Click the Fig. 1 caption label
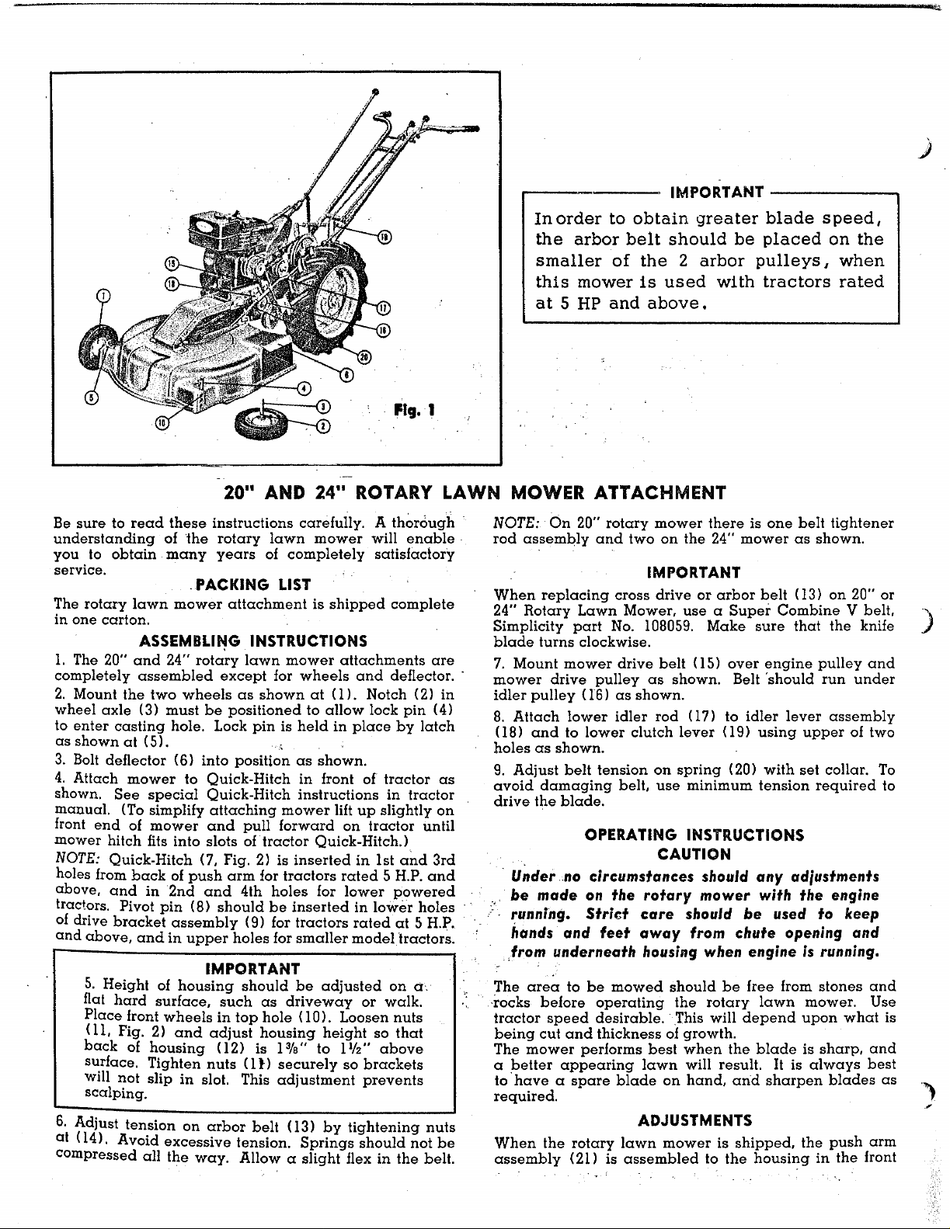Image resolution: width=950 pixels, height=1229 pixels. pyautogui.click(x=414, y=409)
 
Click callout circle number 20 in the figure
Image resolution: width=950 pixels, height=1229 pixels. pyautogui.click(x=364, y=356)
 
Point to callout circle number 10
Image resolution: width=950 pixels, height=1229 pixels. pyautogui.click(x=162, y=422)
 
